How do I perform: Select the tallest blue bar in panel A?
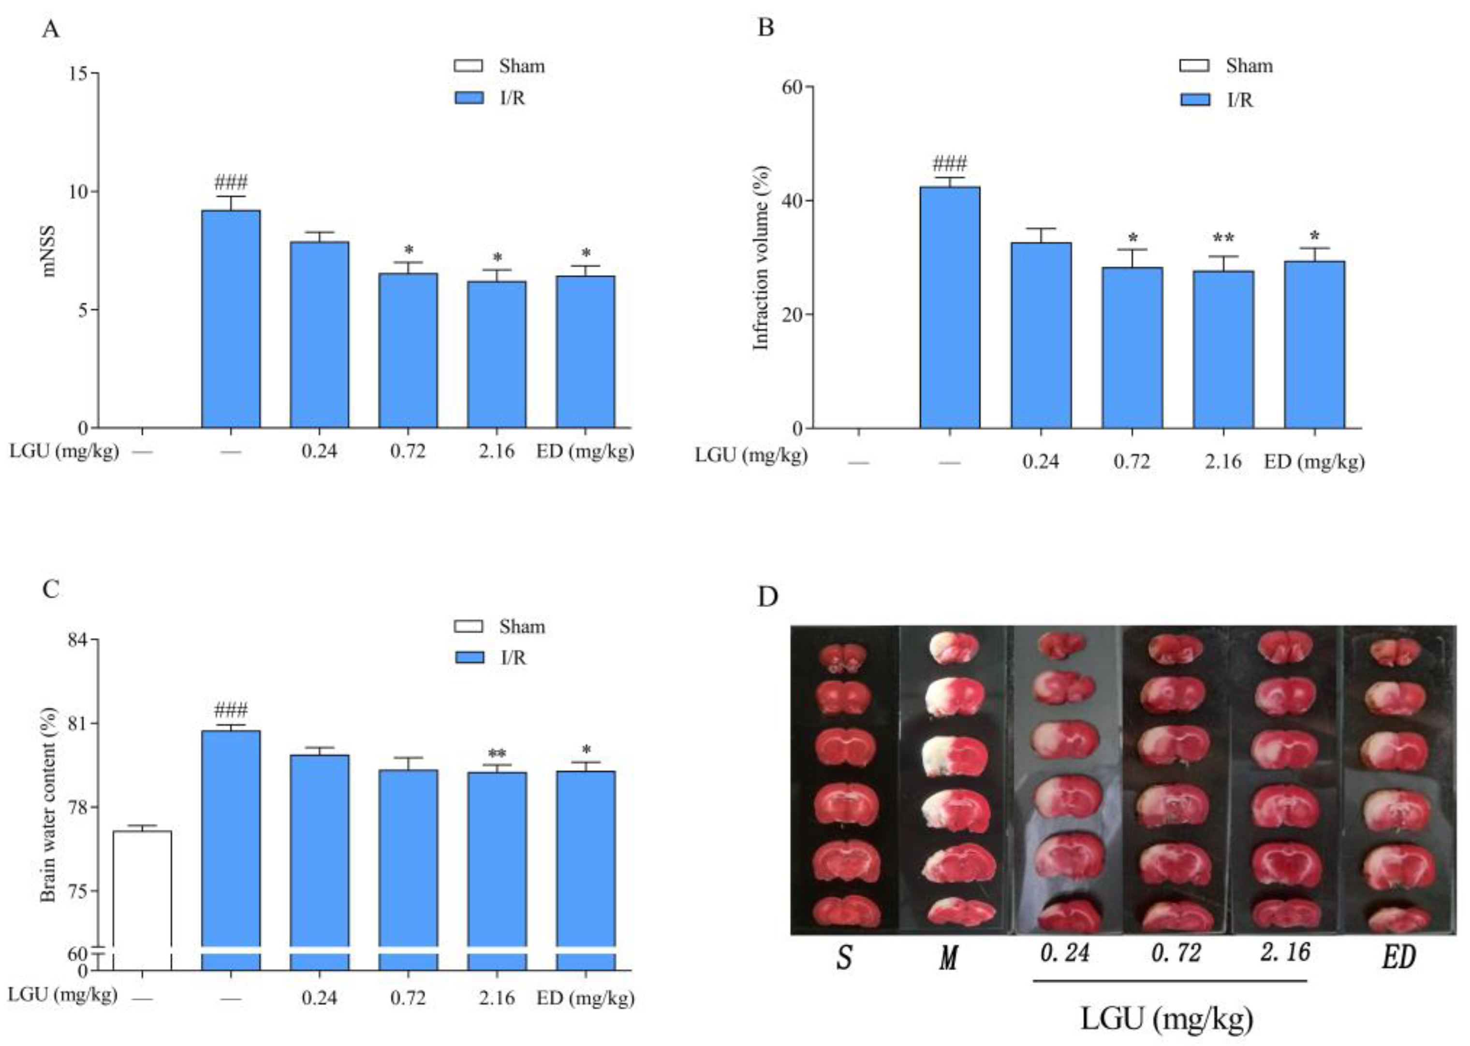point(231,319)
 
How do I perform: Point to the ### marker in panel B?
point(950,163)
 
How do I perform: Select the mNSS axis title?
point(49,251)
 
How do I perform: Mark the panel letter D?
point(767,597)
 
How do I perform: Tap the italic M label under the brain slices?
point(948,959)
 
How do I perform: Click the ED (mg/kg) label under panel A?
point(585,451)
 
